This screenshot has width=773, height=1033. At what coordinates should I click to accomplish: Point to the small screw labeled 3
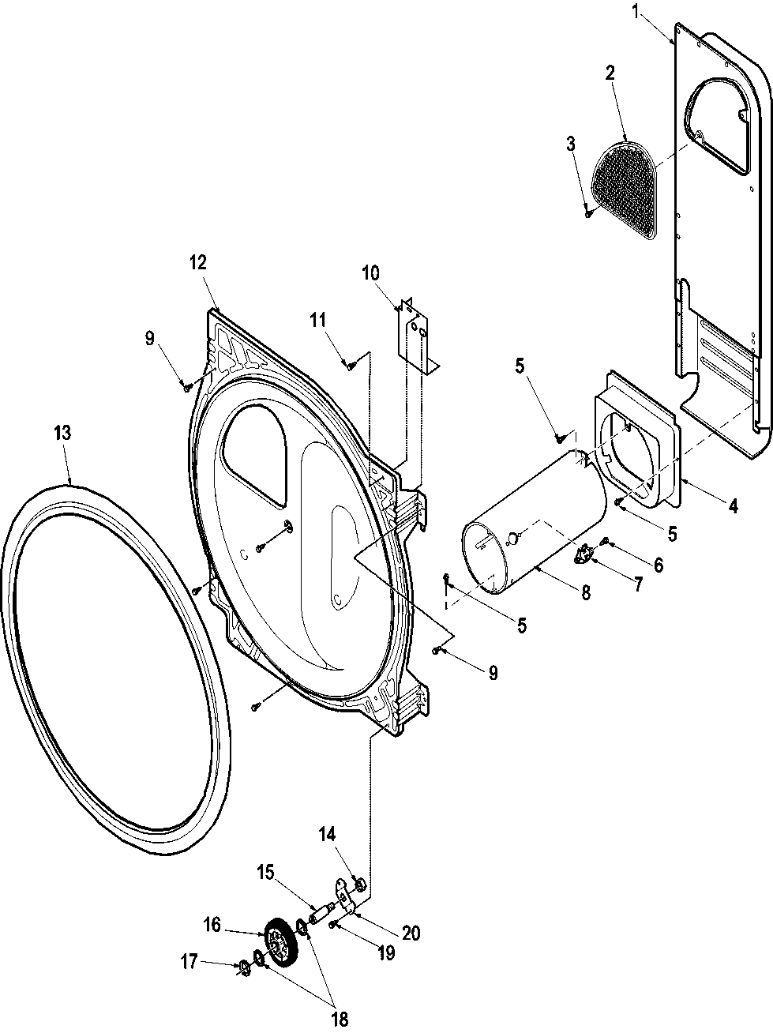click(x=589, y=212)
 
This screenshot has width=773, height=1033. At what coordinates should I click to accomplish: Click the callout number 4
click(x=733, y=506)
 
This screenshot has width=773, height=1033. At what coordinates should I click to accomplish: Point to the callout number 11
click(x=317, y=320)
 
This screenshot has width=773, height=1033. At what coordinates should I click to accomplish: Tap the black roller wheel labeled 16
click(x=277, y=943)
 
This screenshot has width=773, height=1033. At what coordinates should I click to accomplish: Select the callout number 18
click(x=340, y=1019)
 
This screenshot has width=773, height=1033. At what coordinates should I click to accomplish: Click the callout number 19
click(x=386, y=952)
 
